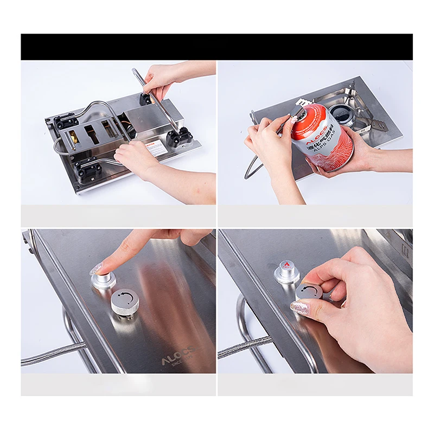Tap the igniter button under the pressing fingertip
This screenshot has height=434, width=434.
[x=103, y=278]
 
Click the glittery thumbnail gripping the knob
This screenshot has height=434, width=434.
[x=300, y=308]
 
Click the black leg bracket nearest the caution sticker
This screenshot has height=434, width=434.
[x=179, y=137]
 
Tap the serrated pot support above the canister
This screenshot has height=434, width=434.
[x=303, y=102]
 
